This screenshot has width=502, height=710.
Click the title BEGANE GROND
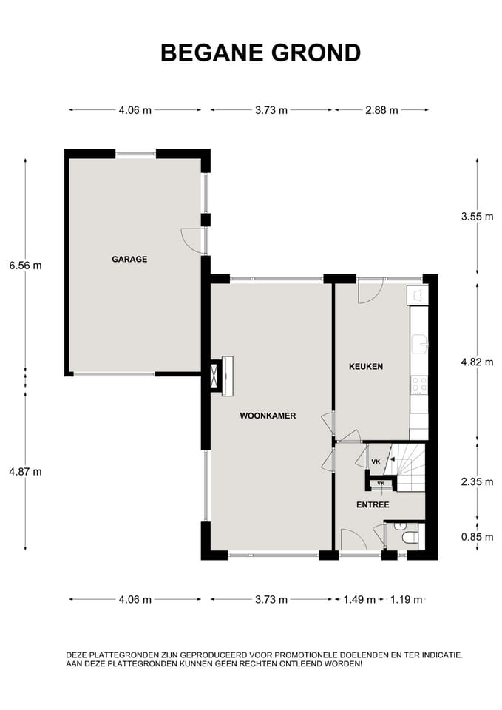click(x=260, y=53)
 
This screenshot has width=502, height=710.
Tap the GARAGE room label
click(x=129, y=260)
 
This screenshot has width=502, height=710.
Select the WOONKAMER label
click(x=268, y=416)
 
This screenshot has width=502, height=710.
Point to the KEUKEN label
click(x=365, y=366)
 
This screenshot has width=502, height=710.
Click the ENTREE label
click(x=373, y=505)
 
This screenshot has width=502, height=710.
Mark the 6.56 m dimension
click(x=25, y=265)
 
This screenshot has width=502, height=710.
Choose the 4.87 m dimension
click(x=25, y=472)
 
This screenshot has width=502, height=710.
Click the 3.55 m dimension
click(x=476, y=217)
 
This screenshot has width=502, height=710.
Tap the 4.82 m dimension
click(x=476, y=362)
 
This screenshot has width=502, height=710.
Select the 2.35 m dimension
click(x=476, y=481)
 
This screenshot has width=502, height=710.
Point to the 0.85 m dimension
click(x=476, y=538)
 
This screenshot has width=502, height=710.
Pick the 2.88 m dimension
click(x=381, y=110)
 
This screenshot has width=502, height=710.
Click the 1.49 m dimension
click(x=359, y=600)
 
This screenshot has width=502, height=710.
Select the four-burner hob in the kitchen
click(x=418, y=385)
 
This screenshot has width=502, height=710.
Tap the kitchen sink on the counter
click(x=419, y=342)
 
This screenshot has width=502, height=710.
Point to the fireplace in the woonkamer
click(x=216, y=375)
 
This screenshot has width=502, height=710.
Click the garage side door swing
click(x=192, y=240)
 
